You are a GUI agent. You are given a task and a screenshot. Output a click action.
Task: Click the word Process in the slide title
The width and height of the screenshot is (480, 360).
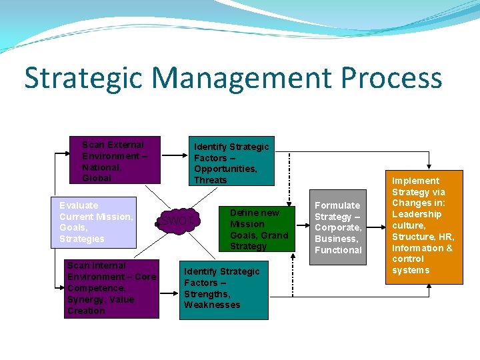point(391,77)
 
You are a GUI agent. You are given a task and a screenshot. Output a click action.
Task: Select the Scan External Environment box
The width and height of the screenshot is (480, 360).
point(115,161)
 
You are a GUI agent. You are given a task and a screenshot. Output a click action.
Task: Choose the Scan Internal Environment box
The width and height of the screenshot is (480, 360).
point(113,289)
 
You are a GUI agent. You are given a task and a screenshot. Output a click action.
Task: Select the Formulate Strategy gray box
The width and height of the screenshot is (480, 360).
point(338,227)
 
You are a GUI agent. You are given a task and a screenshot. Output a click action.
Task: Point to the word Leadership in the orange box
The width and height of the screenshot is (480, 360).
point(417,214)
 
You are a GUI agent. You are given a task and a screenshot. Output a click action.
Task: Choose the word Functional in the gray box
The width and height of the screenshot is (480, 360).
point(338,250)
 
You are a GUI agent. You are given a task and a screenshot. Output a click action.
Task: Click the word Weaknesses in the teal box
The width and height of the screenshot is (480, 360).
point(212,305)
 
